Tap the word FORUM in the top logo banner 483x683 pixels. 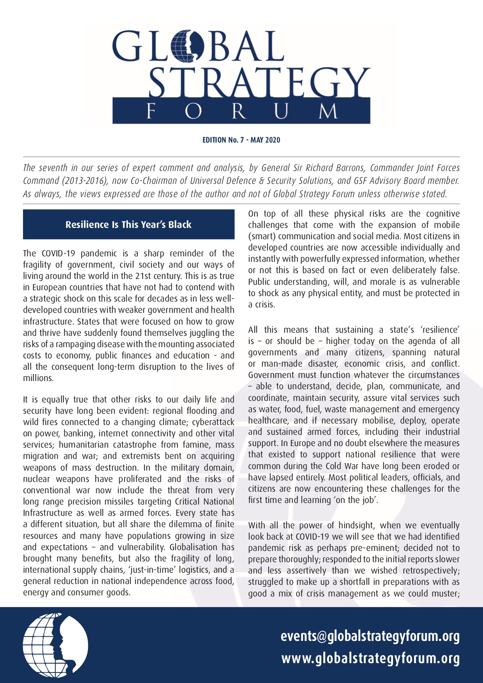(x=241, y=111)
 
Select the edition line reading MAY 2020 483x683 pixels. (x=241, y=140)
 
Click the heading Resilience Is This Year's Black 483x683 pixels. (x=129, y=224)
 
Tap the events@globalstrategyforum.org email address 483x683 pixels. (x=370, y=636)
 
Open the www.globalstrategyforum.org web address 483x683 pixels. (x=370, y=658)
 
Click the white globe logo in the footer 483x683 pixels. (x=55, y=645)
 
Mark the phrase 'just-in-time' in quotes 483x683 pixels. (x=149, y=570)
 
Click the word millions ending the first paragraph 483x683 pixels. (x=38, y=378)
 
